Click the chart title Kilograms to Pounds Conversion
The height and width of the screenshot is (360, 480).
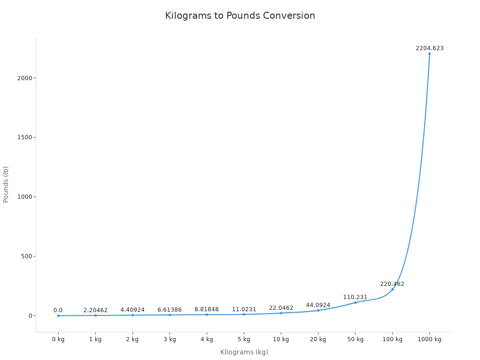tap(240, 15)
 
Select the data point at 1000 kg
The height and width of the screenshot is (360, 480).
tap(429, 53)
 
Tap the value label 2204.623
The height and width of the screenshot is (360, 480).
tap(429, 48)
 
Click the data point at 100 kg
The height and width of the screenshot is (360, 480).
tap(392, 289)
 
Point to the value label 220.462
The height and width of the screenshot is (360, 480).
tap(392, 284)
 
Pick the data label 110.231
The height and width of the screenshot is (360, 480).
tap(355, 297)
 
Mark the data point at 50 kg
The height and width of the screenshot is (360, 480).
tap(355, 302)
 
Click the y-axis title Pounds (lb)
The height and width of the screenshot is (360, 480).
tap(6, 184)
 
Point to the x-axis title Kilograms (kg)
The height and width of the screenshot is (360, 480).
tap(244, 352)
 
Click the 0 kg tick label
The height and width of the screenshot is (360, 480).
tap(58, 339)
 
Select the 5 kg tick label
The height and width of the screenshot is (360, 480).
tap(244, 339)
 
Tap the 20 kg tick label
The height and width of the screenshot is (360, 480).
tap(318, 339)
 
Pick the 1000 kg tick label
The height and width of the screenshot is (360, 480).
tap(429, 339)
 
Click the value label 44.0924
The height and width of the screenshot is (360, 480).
tap(318, 305)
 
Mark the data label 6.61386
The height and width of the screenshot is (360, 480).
tap(169, 310)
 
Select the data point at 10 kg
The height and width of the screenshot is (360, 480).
tap(281, 313)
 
